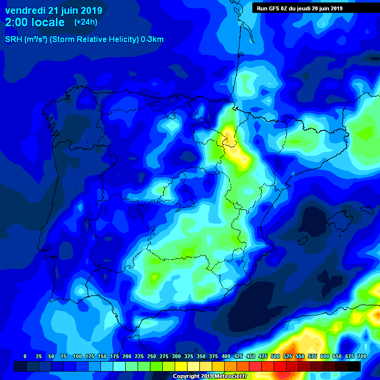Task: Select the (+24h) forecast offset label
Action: tap(86, 22)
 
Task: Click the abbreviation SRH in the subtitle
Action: tap(13, 40)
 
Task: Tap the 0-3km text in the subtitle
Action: tap(152, 40)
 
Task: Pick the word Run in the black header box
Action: tap(262, 8)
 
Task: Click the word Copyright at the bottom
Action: tap(187, 377)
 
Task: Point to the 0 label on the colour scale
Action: tap(25, 356)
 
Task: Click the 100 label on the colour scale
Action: tap(77, 356)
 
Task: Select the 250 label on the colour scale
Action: tap(151, 356)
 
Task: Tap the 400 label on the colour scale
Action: tap(226, 356)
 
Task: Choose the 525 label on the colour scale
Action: tap(287, 356)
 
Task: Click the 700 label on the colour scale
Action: tap(362, 356)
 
